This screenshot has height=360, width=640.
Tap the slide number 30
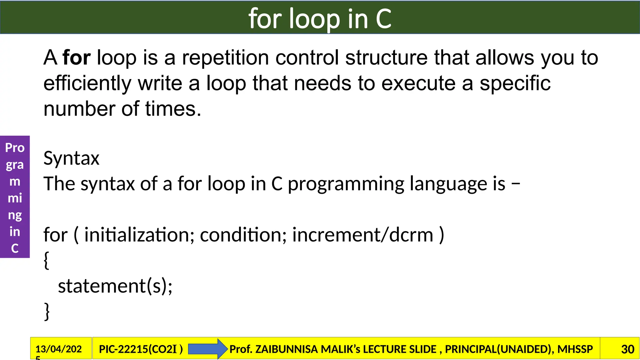(x=627, y=349)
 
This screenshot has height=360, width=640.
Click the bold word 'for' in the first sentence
(x=77, y=58)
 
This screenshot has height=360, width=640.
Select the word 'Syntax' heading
(x=71, y=158)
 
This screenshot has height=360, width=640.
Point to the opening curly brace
(x=47, y=260)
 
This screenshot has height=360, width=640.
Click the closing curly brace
(x=47, y=311)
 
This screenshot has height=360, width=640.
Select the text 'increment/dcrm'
(x=362, y=235)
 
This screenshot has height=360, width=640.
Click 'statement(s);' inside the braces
(x=115, y=286)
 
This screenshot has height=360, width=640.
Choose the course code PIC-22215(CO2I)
(x=141, y=349)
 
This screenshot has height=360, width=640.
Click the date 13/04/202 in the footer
(x=59, y=349)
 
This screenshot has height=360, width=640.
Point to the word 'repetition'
(x=225, y=58)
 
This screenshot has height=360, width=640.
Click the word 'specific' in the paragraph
(x=515, y=83)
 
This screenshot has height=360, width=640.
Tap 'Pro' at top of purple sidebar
(x=15, y=147)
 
